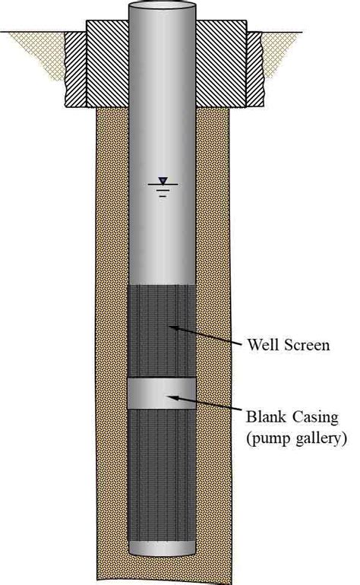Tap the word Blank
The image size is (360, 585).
[266, 416]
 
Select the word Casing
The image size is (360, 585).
[316, 417]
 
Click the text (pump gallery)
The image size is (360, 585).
[296, 438]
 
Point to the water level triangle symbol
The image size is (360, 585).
[163, 181]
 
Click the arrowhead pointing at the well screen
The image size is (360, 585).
[173, 328]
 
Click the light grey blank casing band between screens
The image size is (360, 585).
[162, 394]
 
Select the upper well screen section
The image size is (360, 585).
[162, 331]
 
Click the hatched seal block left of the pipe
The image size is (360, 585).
[107, 63]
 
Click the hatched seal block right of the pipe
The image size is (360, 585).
[221, 63]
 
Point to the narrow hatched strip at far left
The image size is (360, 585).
[76, 69]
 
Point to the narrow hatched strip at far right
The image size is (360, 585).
[255, 69]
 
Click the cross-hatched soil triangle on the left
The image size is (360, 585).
[41, 50]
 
